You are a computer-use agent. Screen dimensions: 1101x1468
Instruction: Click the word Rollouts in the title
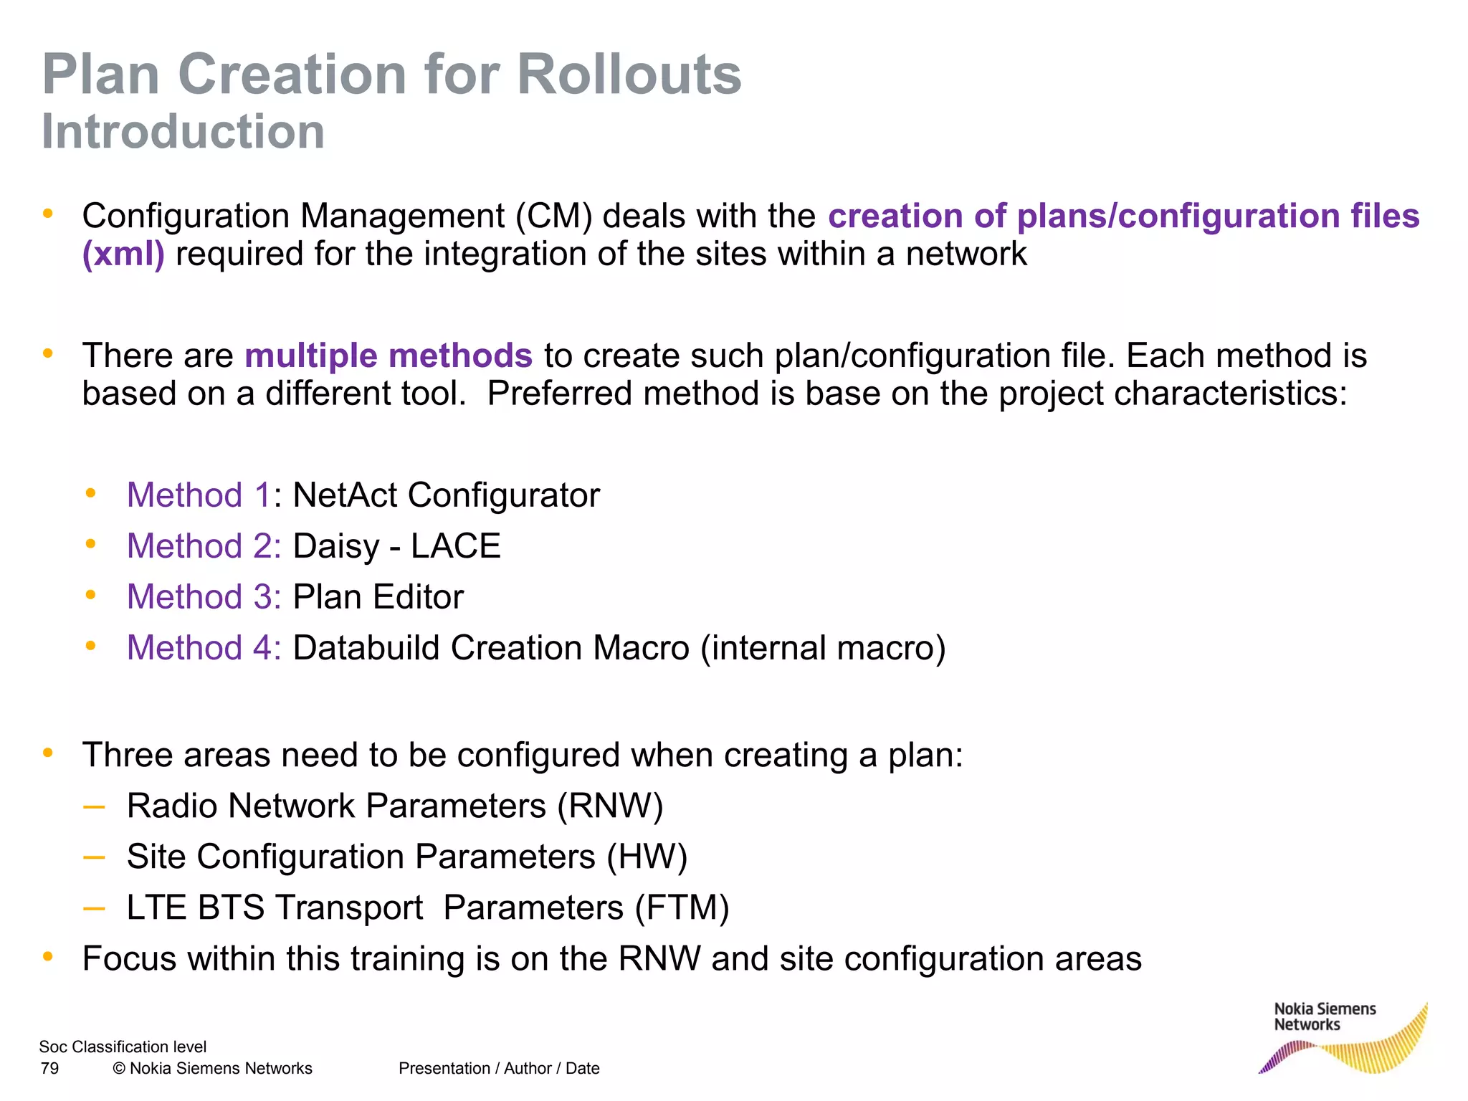(629, 75)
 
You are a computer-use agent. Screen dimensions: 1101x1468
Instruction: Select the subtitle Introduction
(183, 132)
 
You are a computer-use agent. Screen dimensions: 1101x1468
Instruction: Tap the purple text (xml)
(123, 254)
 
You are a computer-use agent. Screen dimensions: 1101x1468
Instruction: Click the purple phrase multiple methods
(389, 356)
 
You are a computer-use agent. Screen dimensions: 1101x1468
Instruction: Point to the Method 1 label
(199, 495)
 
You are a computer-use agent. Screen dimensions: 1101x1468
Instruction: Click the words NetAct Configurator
(446, 495)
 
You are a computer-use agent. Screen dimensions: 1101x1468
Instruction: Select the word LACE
(455, 546)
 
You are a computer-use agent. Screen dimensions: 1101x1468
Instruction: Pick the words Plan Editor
(378, 597)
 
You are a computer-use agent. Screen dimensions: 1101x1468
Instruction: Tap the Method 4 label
(204, 648)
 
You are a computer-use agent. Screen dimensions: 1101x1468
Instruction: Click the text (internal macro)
(823, 648)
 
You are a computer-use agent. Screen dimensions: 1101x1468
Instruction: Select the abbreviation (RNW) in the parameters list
(610, 806)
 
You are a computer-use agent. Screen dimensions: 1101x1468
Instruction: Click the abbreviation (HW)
(647, 857)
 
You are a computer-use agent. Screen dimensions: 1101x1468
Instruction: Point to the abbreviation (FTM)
(682, 908)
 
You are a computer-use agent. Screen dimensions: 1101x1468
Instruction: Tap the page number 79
(49, 1069)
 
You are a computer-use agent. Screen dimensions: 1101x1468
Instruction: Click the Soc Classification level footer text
(123, 1047)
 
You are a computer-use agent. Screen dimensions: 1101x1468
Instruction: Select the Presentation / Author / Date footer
(499, 1069)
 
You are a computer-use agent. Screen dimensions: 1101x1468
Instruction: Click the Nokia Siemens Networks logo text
(1325, 1017)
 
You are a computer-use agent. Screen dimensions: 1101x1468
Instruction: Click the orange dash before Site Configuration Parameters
(94, 857)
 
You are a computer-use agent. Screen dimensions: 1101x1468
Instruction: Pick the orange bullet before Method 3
(90, 595)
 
